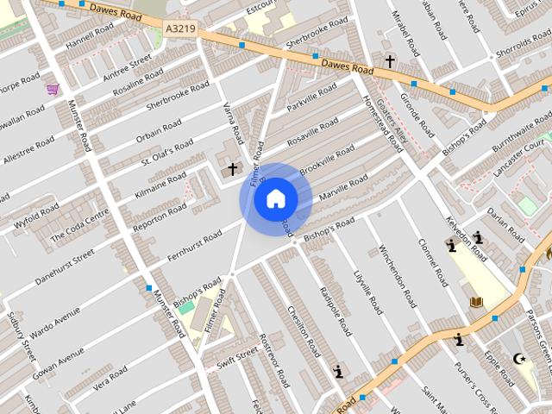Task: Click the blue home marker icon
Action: point(276,198)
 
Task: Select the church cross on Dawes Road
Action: point(390,61)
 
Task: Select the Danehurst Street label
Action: point(60,270)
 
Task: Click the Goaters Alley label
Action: point(397,129)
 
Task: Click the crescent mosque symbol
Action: point(519,359)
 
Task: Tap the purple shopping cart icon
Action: point(53,90)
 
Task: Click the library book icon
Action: point(476,302)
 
